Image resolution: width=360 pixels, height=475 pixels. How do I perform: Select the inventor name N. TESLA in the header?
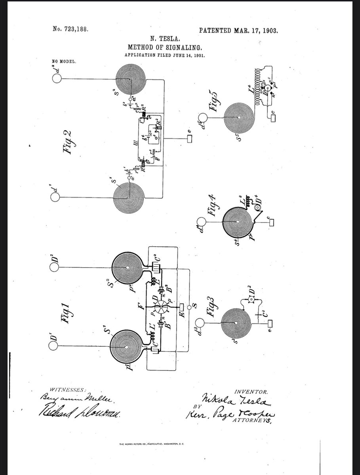pos(163,39)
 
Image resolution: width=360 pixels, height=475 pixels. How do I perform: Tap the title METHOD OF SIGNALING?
pos(163,47)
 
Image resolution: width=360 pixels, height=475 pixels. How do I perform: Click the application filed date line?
pos(163,55)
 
